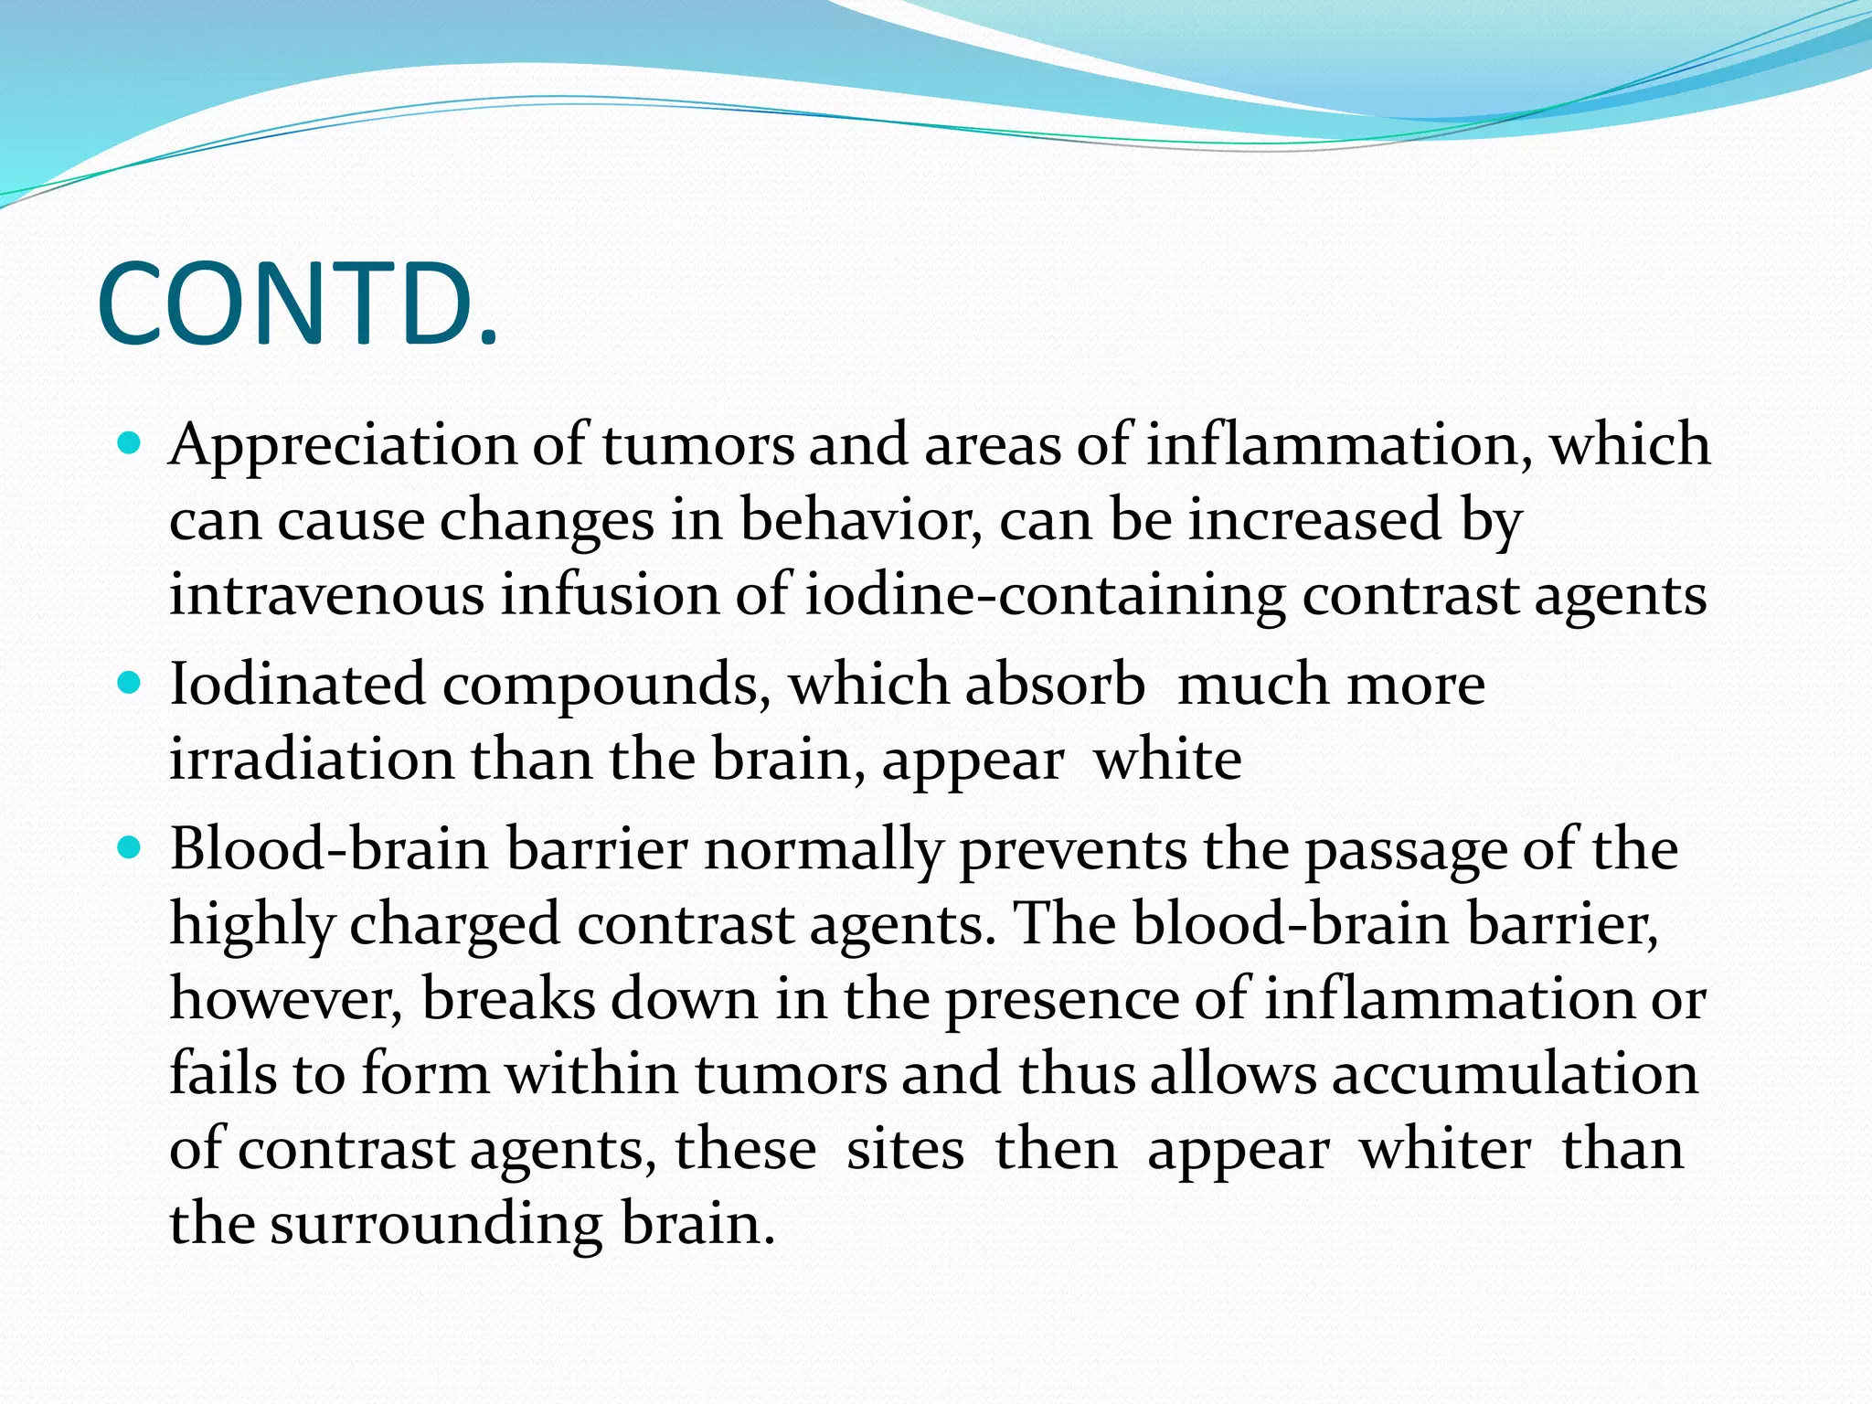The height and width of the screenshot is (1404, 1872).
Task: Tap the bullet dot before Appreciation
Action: (x=130, y=444)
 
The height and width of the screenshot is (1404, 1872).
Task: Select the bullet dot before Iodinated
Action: (x=130, y=683)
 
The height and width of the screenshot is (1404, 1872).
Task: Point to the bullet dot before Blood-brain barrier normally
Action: (x=130, y=848)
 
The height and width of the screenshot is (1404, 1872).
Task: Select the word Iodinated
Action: (x=297, y=685)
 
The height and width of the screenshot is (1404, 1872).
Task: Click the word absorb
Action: (x=1055, y=685)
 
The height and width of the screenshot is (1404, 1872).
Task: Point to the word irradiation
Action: (x=311, y=760)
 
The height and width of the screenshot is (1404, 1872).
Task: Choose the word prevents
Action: (x=1072, y=851)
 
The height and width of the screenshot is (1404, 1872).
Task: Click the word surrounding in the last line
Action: (x=436, y=1224)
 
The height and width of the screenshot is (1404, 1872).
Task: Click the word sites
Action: (x=905, y=1149)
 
